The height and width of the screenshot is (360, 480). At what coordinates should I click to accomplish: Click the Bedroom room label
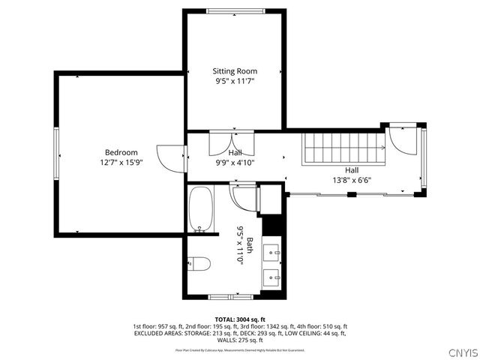pos(121,152)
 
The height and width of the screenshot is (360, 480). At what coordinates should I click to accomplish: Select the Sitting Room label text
pos(235,71)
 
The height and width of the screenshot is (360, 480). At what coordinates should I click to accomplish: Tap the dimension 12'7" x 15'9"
pos(121,162)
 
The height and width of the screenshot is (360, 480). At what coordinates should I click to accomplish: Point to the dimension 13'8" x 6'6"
pos(352,180)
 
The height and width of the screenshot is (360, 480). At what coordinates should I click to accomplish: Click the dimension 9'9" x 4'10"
pos(235,162)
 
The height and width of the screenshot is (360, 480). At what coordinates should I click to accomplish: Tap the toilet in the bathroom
pos(199,262)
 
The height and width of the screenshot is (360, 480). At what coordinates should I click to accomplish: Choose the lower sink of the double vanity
pos(273,278)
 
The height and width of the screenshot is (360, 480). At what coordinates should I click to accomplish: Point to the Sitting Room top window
pos(234,10)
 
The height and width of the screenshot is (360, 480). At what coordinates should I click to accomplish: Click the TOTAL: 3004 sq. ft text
pos(240,319)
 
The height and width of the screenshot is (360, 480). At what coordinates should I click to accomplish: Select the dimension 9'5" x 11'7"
pos(235,81)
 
